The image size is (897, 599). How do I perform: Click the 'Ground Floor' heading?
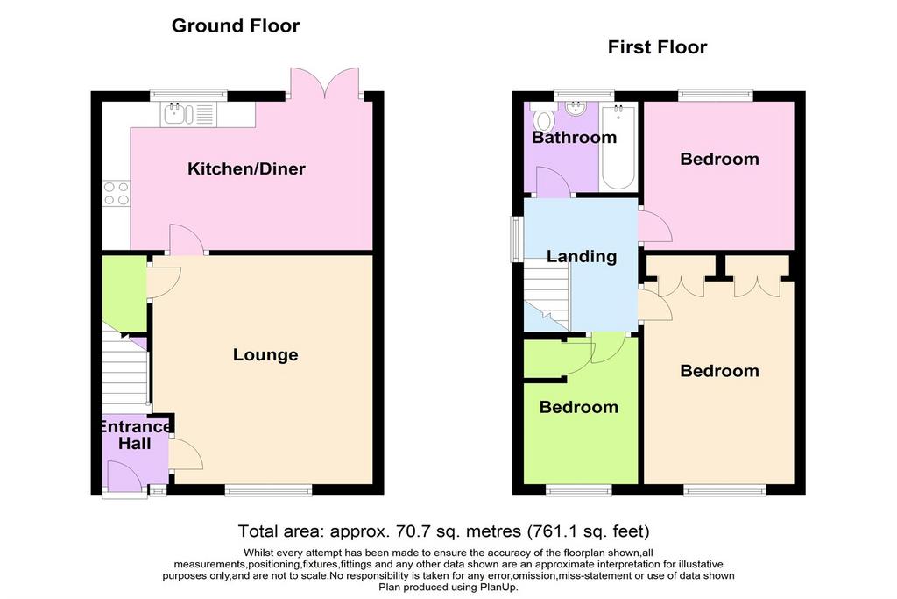(235, 25)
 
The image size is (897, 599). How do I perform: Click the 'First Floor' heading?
(657, 47)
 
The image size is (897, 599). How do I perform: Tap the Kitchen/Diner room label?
(247, 168)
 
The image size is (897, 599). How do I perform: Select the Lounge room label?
(265, 355)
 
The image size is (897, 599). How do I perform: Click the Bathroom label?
(574, 138)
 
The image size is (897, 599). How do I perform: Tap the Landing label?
(582, 257)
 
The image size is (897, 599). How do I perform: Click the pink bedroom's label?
(719, 160)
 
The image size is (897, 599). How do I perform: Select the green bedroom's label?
(578, 407)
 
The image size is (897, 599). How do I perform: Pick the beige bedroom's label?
(719, 371)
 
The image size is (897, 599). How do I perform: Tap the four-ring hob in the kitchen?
(117, 193)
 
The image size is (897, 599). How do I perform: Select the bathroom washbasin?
(576, 110)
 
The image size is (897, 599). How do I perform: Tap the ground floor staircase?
(124, 373)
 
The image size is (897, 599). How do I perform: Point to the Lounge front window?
(268, 491)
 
